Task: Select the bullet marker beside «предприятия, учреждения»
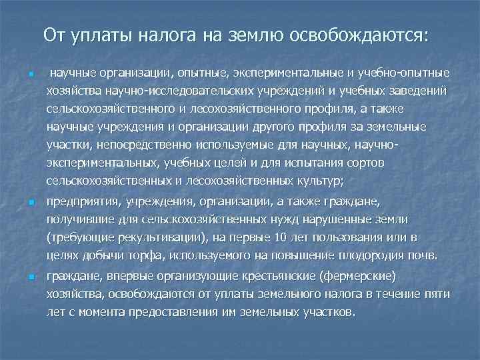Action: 23,201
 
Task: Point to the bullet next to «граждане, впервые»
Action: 23,275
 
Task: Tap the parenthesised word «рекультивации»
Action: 153,237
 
